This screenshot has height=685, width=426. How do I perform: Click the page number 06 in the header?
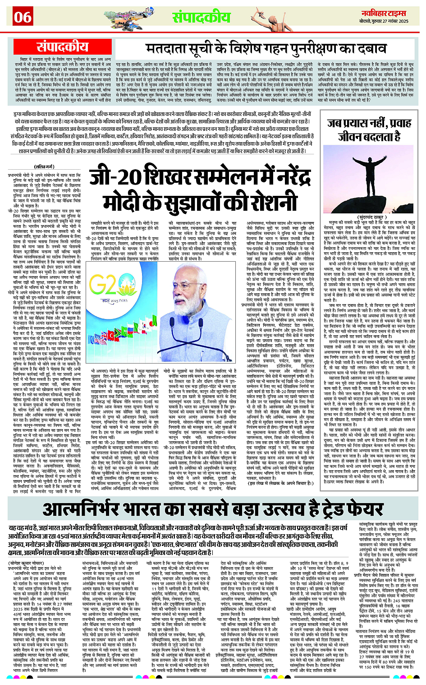click(x=23, y=17)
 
